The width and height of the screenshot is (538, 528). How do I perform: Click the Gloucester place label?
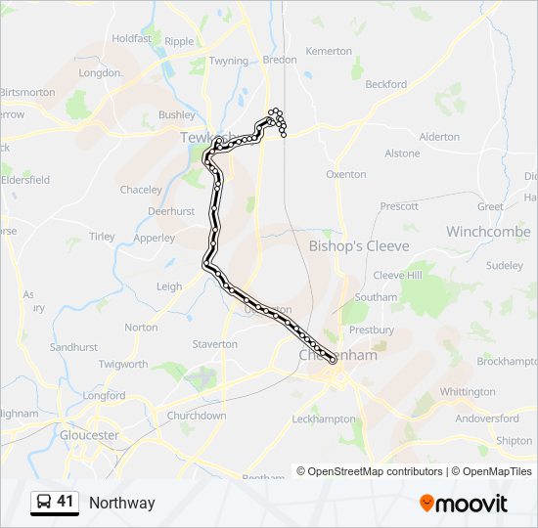pyautogui.click(x=89, y=435)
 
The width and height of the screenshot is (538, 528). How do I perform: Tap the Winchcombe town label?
pyautogui.click(x=488, y=232)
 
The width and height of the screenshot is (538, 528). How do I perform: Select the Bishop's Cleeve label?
pyautogui.click(x=359, y=245)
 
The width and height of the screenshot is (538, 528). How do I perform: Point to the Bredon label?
pyautogui.click(x=280, y=60)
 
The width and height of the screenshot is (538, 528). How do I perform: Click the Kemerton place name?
pyautogui.click(x=329, y=51)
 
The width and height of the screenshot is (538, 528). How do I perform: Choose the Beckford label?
pyautogui.click(x=386, y=85)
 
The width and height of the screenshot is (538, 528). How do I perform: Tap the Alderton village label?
pyautogui.click(x=439, y=137)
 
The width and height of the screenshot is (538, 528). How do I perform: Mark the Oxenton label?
pyautogui.click(x=346, y=174)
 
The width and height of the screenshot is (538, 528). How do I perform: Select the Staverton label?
pyautogui.click(x=215, y=344)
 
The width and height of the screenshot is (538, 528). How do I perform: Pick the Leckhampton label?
pyautogui.click(x=324, y=418)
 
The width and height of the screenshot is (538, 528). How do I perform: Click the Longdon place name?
pyautogui.click(x=100, y=73)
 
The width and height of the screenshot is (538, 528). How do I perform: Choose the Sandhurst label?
pyautogui.click(x=73, y=347)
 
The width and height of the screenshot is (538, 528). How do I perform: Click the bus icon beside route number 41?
pyautogui.click(x=44, y=503)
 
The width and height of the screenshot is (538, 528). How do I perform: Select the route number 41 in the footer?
pyautogui.click(x=66, y=502)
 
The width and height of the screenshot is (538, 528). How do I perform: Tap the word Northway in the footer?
pyautogui.click(x=122, y=504)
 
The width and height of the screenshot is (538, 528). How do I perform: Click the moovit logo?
pyautogui.click(x=464, y=504)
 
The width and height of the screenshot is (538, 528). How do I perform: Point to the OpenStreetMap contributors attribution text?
pyautogui.click(x=370, y=471)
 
